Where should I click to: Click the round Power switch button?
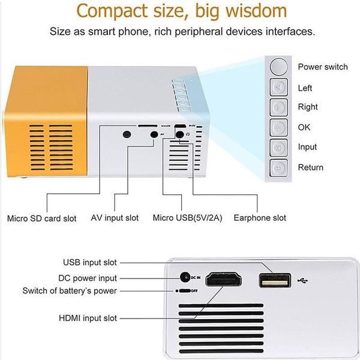point(279,67)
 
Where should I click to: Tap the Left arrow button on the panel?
point(279,87)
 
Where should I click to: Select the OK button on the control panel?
point(279,127)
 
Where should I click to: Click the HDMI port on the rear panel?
point(223,280)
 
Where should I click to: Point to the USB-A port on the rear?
point(275,280)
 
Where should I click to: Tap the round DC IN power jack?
point(185,278)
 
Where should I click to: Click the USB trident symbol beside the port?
point(303,281)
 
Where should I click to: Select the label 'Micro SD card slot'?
point(42,218)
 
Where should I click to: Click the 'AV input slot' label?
point(115,218)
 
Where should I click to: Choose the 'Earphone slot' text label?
point(260,218)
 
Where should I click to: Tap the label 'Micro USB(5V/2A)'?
point(188,218)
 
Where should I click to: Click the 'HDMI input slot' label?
point(88,318)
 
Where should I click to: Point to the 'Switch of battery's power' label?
point(70,291)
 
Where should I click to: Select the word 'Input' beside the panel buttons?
point(307,147)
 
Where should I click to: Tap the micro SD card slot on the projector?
point(148,126)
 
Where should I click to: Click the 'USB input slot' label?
point(90,262)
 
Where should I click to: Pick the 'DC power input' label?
point(88,278)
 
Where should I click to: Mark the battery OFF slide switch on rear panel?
point(185,291)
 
